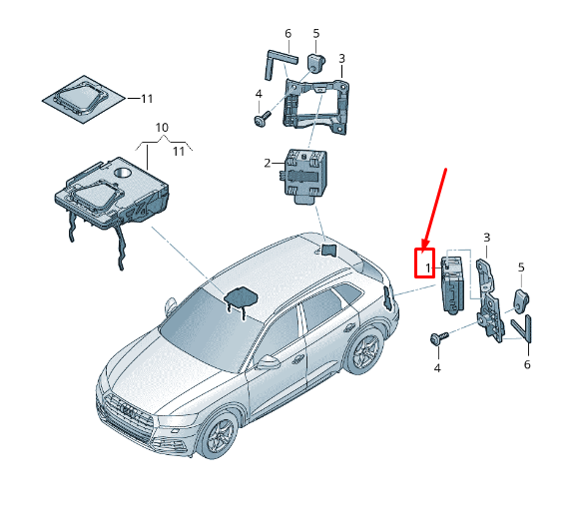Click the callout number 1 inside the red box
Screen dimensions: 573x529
428,268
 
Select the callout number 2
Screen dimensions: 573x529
268,163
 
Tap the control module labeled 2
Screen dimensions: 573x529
302,177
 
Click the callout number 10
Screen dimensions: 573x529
162,128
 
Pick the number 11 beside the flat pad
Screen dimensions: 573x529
147,99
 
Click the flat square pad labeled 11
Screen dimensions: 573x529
84,99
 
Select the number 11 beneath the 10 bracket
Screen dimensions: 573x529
179,152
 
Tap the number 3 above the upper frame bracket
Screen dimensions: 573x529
341,59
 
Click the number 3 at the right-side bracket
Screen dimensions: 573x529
486,238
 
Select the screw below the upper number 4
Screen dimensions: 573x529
263,119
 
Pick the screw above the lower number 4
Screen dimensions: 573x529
439,337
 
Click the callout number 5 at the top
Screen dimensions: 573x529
316,34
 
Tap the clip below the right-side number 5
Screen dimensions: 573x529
521,298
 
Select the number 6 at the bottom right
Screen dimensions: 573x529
527,364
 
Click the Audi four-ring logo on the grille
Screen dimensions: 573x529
129,410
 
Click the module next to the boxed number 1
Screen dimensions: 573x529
453,284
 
